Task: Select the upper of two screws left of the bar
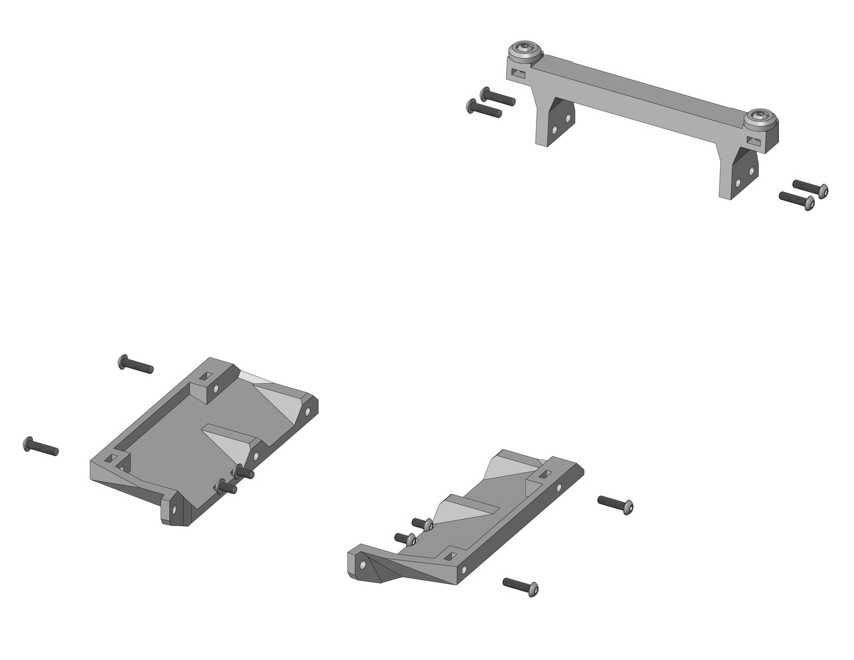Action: tap(498, 97)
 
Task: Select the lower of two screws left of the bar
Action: tap(484, 108)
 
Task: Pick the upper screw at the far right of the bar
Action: tap(810, 187)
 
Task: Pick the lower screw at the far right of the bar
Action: tap(797, 199)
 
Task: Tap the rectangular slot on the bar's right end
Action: tap(755, 140)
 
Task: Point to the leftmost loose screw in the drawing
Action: tap(41, 446)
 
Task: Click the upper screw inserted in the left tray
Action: tap(243, 472)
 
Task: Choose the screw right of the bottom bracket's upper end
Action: tap(615, 504)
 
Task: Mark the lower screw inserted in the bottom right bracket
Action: tap(405, 539)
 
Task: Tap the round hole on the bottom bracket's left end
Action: tap(363, 563)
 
